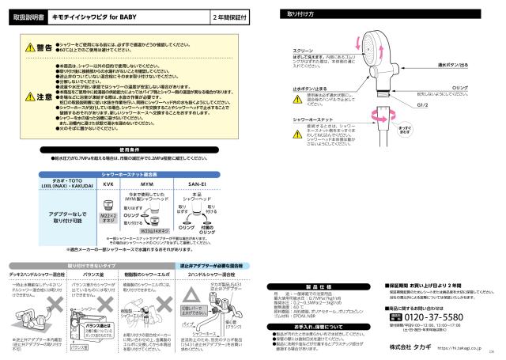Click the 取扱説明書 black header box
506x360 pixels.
point(23,16)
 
